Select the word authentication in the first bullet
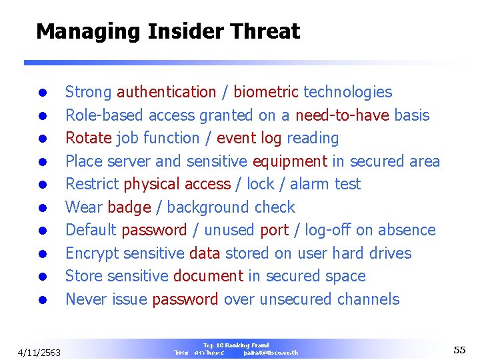(x=166, y=92)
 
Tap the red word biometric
(x=265, y=92)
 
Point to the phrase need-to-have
(x=341, y=115)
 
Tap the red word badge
(x=129, y=207)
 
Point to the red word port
(x=274, y=230)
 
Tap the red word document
(x=208, y=276)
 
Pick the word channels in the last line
(x=368, y=299)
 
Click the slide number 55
(x=459, y=350)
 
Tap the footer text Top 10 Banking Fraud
(x=236, y=345)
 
